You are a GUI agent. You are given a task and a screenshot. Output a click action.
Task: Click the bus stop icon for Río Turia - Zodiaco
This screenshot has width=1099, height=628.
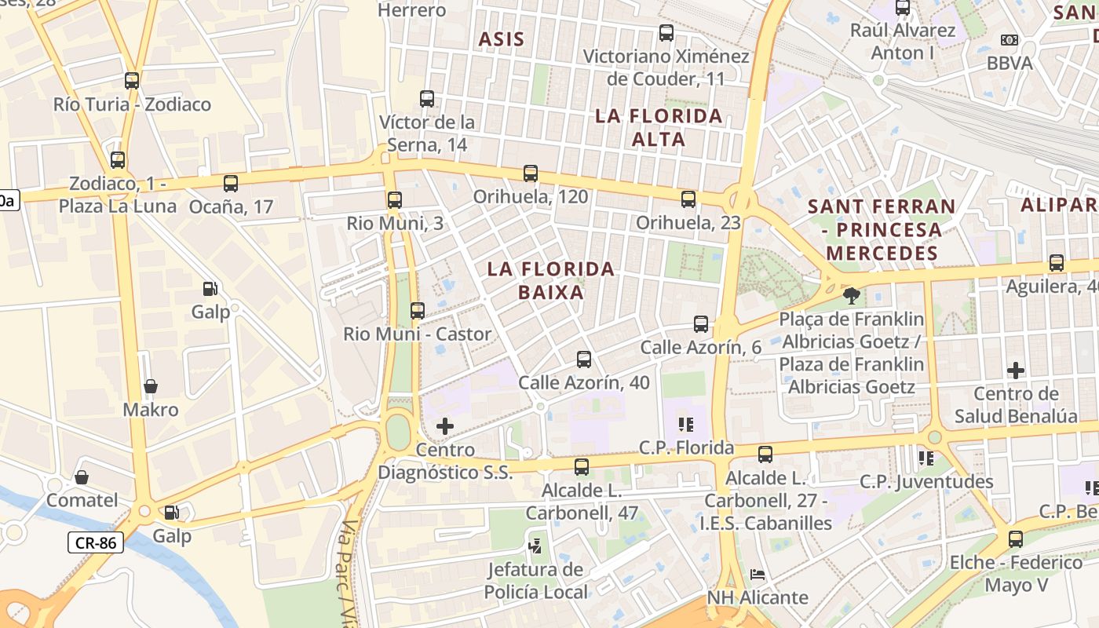pyautogui.click(x=132, y=80)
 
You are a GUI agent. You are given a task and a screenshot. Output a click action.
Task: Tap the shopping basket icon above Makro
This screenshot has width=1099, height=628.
pyautogui.click(x=151, y=386)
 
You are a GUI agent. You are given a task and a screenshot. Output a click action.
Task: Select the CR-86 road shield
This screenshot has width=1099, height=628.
pyautogui.click(x=96, y=542)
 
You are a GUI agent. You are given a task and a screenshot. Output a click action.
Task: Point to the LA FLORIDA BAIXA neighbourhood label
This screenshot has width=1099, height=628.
pyautogui.click(x=551, y=280)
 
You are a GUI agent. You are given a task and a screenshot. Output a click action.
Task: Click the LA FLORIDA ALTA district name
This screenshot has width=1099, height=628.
pyautogui.click(x=659, y=127)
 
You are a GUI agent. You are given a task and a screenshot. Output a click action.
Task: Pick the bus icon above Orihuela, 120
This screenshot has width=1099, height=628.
pyautogui.click(x=531, y=173)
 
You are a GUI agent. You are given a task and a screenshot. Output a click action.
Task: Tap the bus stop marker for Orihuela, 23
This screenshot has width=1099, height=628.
pyautogui.click(x=688, y=199)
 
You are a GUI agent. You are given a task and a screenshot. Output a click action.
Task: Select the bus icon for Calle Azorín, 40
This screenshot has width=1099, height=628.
pyautogui.click(x=584, y=360)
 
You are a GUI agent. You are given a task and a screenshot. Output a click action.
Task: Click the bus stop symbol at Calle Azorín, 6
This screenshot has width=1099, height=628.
pyautogui.click(x=701, y=324)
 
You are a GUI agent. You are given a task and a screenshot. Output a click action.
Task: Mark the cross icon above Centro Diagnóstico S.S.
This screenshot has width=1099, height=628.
pyautogui.click(x=445, y=426)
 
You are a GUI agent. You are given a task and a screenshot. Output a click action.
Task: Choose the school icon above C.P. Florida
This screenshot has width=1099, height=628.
pyautogui.click(x=686, y=425)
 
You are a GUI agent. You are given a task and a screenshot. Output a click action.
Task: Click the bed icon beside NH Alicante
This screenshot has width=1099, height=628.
pyautogui.click(x=758, y=575)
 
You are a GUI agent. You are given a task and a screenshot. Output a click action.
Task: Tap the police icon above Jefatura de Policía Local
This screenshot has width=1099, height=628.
pyautogui.click(x=536, y=543)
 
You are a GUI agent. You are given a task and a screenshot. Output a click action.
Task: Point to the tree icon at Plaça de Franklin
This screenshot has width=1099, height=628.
pyautogui.click(x=850, y=296)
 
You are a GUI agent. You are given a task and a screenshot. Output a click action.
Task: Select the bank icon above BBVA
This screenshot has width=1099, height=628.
pyautogui.click(x=1010, y=39)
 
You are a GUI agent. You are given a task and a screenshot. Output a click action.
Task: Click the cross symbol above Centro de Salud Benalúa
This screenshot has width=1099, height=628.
pyautogui.click(x=1016, y=370)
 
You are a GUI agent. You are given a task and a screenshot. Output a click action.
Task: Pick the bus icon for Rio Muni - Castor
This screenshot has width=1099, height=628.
pyautogui.click(x=418, y=311)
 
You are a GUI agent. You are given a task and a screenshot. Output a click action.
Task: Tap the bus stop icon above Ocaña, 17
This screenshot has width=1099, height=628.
pyautogui.click(x=231, y=184)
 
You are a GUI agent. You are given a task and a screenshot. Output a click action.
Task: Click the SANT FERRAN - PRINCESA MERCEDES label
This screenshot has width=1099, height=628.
pyautogui.click(x=882, y=229)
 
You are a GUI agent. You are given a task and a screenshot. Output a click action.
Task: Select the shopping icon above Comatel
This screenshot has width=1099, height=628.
pyautogui.click(x=82, y=477)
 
